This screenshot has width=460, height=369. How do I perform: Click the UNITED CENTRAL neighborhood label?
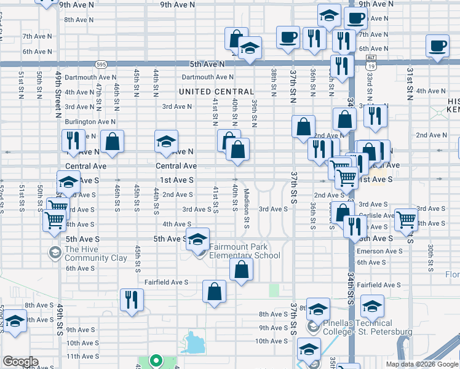coord(216,92)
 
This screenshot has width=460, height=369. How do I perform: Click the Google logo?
coord(20,362)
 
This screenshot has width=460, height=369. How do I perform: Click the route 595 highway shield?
coord(101,63)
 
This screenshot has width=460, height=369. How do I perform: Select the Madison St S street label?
coord(246,209)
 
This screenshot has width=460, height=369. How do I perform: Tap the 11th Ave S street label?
coord(82,356)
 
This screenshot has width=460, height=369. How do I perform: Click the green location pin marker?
coord(156,361)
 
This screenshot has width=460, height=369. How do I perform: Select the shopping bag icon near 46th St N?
coord(112,141)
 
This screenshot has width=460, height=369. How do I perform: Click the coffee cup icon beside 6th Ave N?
coord(437,46)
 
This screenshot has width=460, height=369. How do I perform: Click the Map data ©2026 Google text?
coord(421,364)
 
